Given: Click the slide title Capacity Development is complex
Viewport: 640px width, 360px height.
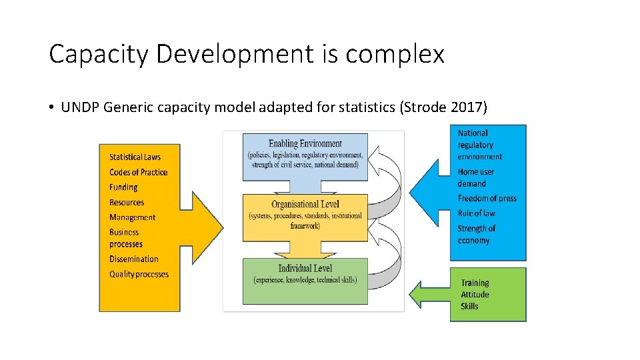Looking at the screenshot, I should coord(247,54).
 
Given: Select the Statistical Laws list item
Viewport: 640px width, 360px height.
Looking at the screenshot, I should coord(135,157).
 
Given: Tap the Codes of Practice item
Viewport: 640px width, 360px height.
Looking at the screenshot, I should coord(139,172).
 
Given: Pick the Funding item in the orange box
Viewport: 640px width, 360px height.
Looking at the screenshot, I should coord(123,187).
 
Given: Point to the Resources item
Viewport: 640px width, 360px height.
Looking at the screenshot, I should coord(127,202).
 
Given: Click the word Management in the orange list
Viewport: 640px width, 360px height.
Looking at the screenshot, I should coord(132,217).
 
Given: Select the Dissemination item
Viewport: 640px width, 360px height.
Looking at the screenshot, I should coord(134,259).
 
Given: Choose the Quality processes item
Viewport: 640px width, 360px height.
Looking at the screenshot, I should coord(139,274).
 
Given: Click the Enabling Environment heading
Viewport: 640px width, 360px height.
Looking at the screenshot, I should coord(305,143).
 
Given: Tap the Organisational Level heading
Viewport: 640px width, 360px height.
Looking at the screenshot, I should coord(305,205).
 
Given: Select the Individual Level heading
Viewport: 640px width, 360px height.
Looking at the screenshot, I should coord(305,268).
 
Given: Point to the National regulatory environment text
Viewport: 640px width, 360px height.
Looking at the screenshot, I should coord(479,145).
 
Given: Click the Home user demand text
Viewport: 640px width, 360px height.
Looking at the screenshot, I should coord(477,177).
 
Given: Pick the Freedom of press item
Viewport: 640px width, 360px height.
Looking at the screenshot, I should coord(487,198).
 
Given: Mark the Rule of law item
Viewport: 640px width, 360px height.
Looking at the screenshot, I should coord(476,213).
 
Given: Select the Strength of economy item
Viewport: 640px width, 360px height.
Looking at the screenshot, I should coord(476,234).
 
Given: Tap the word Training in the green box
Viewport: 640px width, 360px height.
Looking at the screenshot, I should coord(475,283).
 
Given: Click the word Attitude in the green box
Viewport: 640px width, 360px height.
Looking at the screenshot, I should coord(475,294).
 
